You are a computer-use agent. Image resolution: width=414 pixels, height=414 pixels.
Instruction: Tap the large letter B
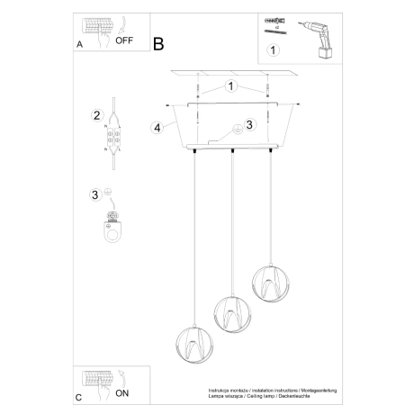(x=159, y=42)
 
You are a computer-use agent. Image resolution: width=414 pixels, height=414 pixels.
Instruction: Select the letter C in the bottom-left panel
(x=80, y=396)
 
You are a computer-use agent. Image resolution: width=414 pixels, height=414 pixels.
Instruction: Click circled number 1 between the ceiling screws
(x=231, y=87)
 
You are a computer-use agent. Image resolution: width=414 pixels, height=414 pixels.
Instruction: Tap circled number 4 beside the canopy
(x=158, y=127)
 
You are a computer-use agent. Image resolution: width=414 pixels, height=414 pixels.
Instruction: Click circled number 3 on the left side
(x=95, y=193)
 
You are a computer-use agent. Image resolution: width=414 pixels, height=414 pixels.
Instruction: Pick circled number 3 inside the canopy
(x=250, y=125)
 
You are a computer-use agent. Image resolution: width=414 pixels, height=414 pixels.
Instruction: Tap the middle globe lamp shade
(x=229, y=313)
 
